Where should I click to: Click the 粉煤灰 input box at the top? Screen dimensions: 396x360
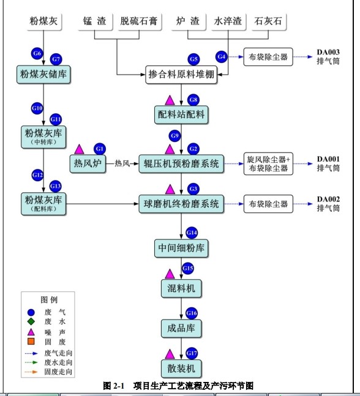pos(43,21)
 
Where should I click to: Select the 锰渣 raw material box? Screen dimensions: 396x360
pos(96,21)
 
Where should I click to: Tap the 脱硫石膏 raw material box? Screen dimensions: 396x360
pos(138,21)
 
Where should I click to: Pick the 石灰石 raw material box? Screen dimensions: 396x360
pos(268,21)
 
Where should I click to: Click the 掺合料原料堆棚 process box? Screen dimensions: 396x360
pos(181,75)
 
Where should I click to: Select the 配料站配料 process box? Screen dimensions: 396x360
pos(181,114)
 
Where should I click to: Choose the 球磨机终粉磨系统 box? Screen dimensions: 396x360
pos(181,204)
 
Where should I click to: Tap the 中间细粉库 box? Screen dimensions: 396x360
pos(181,248)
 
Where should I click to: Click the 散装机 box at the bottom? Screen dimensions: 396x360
pos(181,368)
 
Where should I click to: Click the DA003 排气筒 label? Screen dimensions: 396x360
pos(328,56)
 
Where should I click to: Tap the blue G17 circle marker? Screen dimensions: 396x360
pos(192,353)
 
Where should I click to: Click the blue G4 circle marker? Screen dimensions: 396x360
pos(222,56)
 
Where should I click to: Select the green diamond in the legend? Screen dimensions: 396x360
pos(31,321)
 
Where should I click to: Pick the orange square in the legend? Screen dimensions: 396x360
pos(31,342)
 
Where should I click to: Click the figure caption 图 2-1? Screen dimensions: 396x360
pos(114,386)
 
